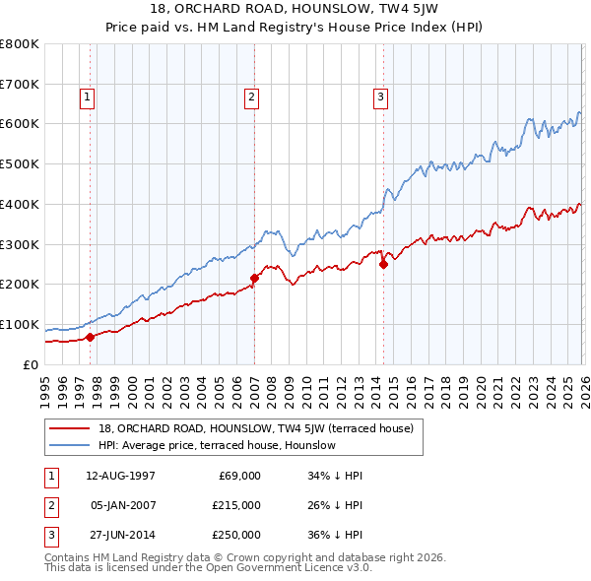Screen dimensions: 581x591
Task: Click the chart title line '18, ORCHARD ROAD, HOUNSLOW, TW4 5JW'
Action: (x=295, y=11)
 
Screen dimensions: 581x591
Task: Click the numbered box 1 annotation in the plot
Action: (x=88, y=97)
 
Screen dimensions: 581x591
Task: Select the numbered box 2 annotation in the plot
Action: (x=252, y=97)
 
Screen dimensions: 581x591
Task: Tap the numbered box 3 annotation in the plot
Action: (x=380, y=97)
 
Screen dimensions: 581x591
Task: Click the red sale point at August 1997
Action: (x=90, y=337)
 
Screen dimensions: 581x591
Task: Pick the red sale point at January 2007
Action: (x=254, y=278)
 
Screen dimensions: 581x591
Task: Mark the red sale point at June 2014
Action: (x=384, y=263)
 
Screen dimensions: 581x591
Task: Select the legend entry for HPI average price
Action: (x=217, y=445)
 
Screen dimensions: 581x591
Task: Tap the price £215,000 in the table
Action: (x=237, y=505)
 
